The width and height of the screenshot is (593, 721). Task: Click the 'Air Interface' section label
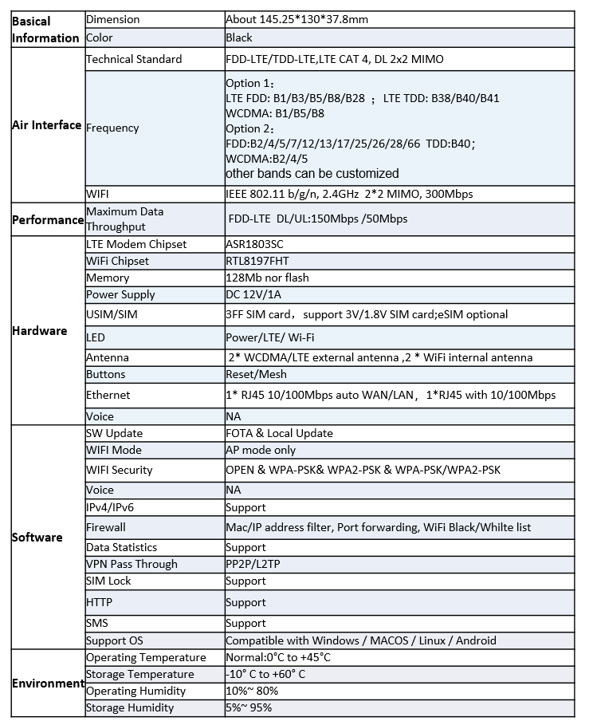pos(46,125)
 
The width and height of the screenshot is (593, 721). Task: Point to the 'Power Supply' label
pos(120,294)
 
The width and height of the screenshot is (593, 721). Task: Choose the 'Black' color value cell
pos(239,37)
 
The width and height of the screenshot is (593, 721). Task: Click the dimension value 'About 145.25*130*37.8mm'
pos(296,19)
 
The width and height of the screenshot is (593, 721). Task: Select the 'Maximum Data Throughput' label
pos(124,219)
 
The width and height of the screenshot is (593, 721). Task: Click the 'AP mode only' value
pos(261,450)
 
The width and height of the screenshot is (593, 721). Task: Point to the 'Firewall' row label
pos(106,527)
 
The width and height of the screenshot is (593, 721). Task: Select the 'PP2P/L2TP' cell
pos(253,564)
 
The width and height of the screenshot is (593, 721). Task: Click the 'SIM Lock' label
pos(108,581)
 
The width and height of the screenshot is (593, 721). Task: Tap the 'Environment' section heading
pos(47,684)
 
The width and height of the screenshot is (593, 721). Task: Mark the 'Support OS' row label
pos(115,640)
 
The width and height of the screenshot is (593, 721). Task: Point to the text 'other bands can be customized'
pos(312,173)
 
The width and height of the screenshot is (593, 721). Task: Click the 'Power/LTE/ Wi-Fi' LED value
pos(269,338)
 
